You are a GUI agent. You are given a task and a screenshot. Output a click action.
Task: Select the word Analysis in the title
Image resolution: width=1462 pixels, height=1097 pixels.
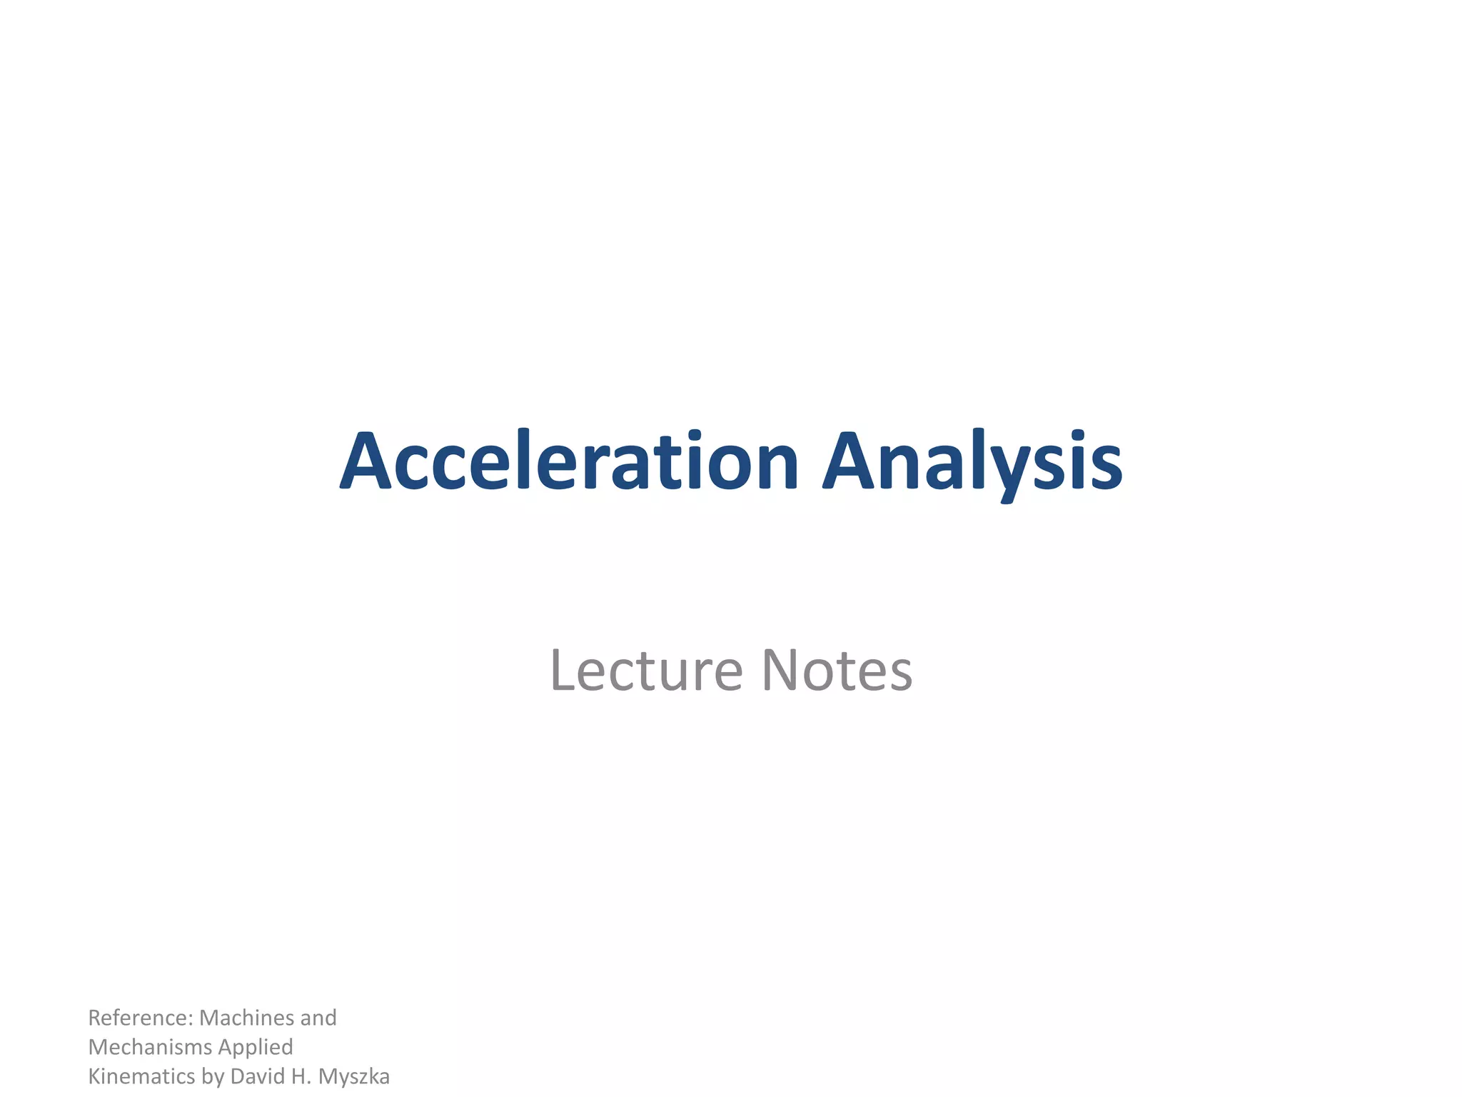(x=972, y=463)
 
